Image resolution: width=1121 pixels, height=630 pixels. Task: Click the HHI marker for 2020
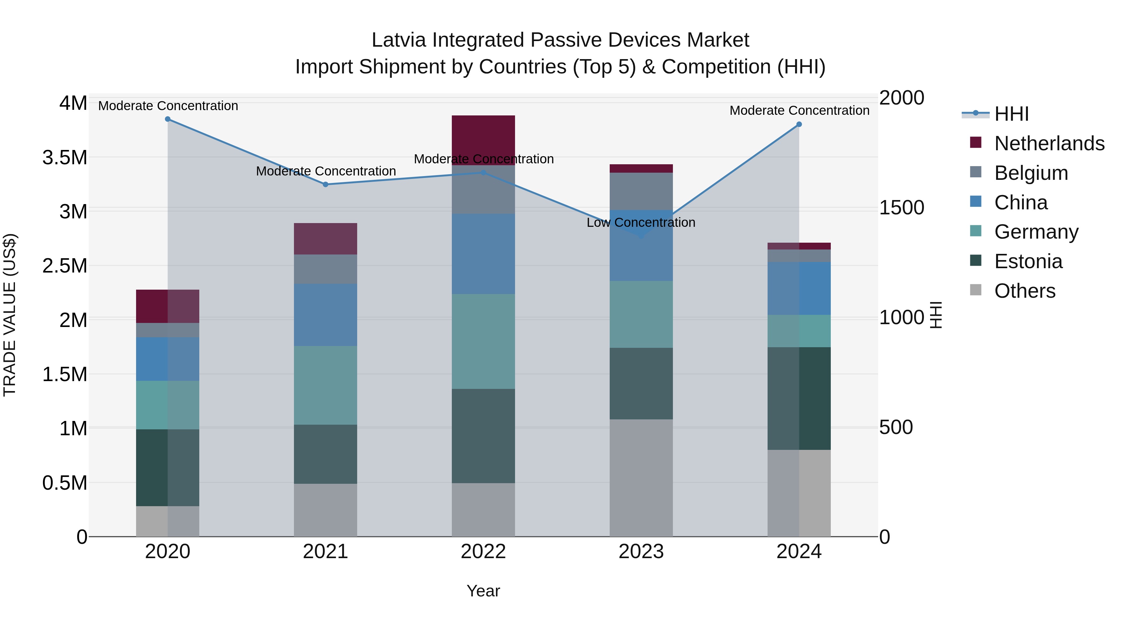click(x=168, y=119)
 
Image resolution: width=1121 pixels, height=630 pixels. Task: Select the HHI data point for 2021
click(x=325, y=184)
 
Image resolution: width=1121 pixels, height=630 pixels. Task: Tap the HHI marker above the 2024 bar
click(x=799, y=124)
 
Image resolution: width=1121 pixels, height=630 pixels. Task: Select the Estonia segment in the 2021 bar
click(x=325, y=454)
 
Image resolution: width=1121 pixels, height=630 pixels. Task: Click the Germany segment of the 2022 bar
click(x=483, y=341)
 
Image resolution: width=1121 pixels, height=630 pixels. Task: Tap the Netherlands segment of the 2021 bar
click(x=325, y=239)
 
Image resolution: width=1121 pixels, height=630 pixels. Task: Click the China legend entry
click(x=1020, y=203)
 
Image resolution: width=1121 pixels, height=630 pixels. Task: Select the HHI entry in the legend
click(x=1011, y=114)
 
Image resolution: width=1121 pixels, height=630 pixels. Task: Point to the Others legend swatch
click(x=976, y=290)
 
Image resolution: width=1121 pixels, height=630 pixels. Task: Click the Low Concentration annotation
click(x=641, y=223)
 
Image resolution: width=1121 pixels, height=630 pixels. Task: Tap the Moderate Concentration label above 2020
click(x=168, y=106)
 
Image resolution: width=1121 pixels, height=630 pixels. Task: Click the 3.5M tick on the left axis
click(x=65, y=158)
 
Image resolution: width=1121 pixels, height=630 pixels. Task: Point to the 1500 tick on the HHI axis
click(x=901, y=208)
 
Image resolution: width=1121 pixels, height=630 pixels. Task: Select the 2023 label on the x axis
click(x=641, y=552)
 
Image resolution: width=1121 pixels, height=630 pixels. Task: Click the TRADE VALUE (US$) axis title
click(x=10, y=315)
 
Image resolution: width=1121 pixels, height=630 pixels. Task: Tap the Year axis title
click(x=483, y=591)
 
